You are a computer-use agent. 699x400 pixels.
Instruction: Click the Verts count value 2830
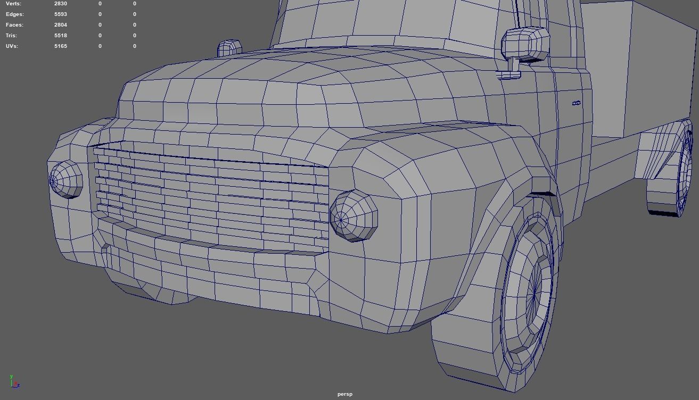60,4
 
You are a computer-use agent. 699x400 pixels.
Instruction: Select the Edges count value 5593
60,14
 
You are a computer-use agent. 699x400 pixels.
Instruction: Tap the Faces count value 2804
60,25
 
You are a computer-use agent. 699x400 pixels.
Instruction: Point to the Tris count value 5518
60,36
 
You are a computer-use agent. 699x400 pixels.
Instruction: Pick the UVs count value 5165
60,46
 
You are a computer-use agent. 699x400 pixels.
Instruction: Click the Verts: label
13,4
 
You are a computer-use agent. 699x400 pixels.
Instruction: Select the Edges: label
14,14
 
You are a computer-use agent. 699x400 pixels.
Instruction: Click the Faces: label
14,25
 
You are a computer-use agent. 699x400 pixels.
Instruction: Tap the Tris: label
12,36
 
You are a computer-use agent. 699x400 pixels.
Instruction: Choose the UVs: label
12,46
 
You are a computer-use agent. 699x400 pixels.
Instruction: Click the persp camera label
345,394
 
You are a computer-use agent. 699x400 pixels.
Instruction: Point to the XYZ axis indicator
14,381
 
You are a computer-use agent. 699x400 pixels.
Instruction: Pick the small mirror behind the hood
229,48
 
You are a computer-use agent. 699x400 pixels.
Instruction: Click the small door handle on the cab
576,103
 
